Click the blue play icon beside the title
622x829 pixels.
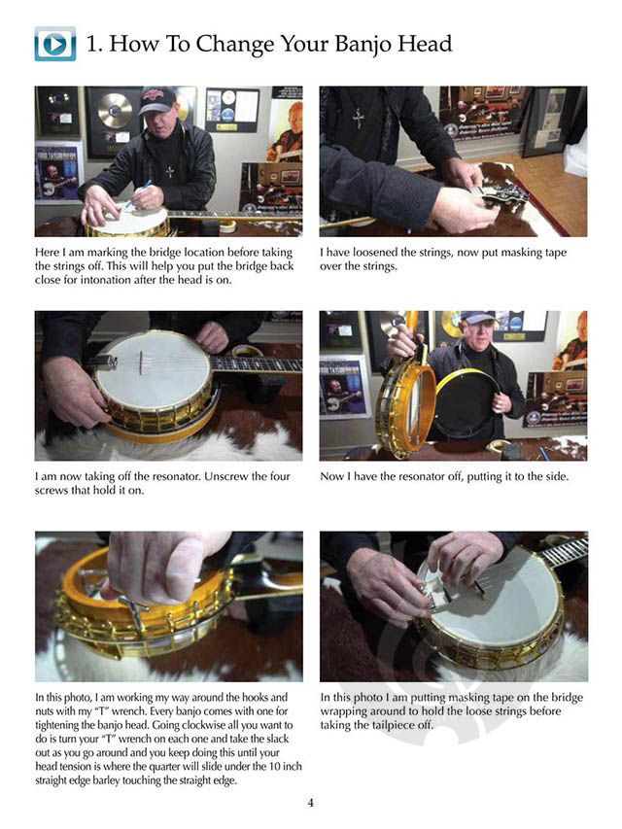(55, 44)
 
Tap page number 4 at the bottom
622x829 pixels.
(310, 803)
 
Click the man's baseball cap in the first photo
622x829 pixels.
(157, 99)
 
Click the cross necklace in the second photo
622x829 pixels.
(359, 119)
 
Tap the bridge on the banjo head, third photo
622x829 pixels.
(141, 363)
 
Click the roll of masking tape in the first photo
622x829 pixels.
(228, 226)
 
